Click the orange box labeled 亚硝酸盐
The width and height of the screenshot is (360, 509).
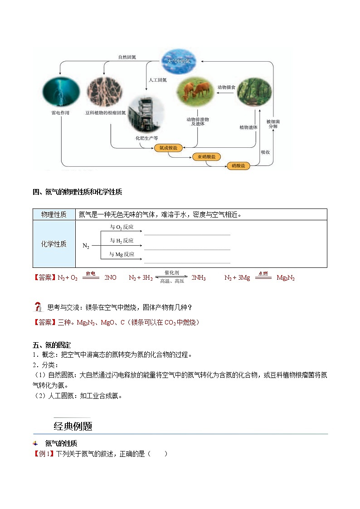tap(207, 157)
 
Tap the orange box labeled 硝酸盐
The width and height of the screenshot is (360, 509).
tap(238, 166)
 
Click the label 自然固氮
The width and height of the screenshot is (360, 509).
tap(127, 58)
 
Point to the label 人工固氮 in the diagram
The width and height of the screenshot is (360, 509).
tap(158, 80)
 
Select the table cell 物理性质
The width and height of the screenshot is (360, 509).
tap(54, 214)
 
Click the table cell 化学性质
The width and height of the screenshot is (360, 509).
tap(54, 244)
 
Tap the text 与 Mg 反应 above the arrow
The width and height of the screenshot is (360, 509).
tap(122, 255)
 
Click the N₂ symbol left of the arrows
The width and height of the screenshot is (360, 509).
tap(86, 246)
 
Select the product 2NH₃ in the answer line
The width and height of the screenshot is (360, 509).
tap(198, 278)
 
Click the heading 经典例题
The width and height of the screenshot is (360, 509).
tap(73, 426)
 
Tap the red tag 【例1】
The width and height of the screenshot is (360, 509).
tap(44, 453)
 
